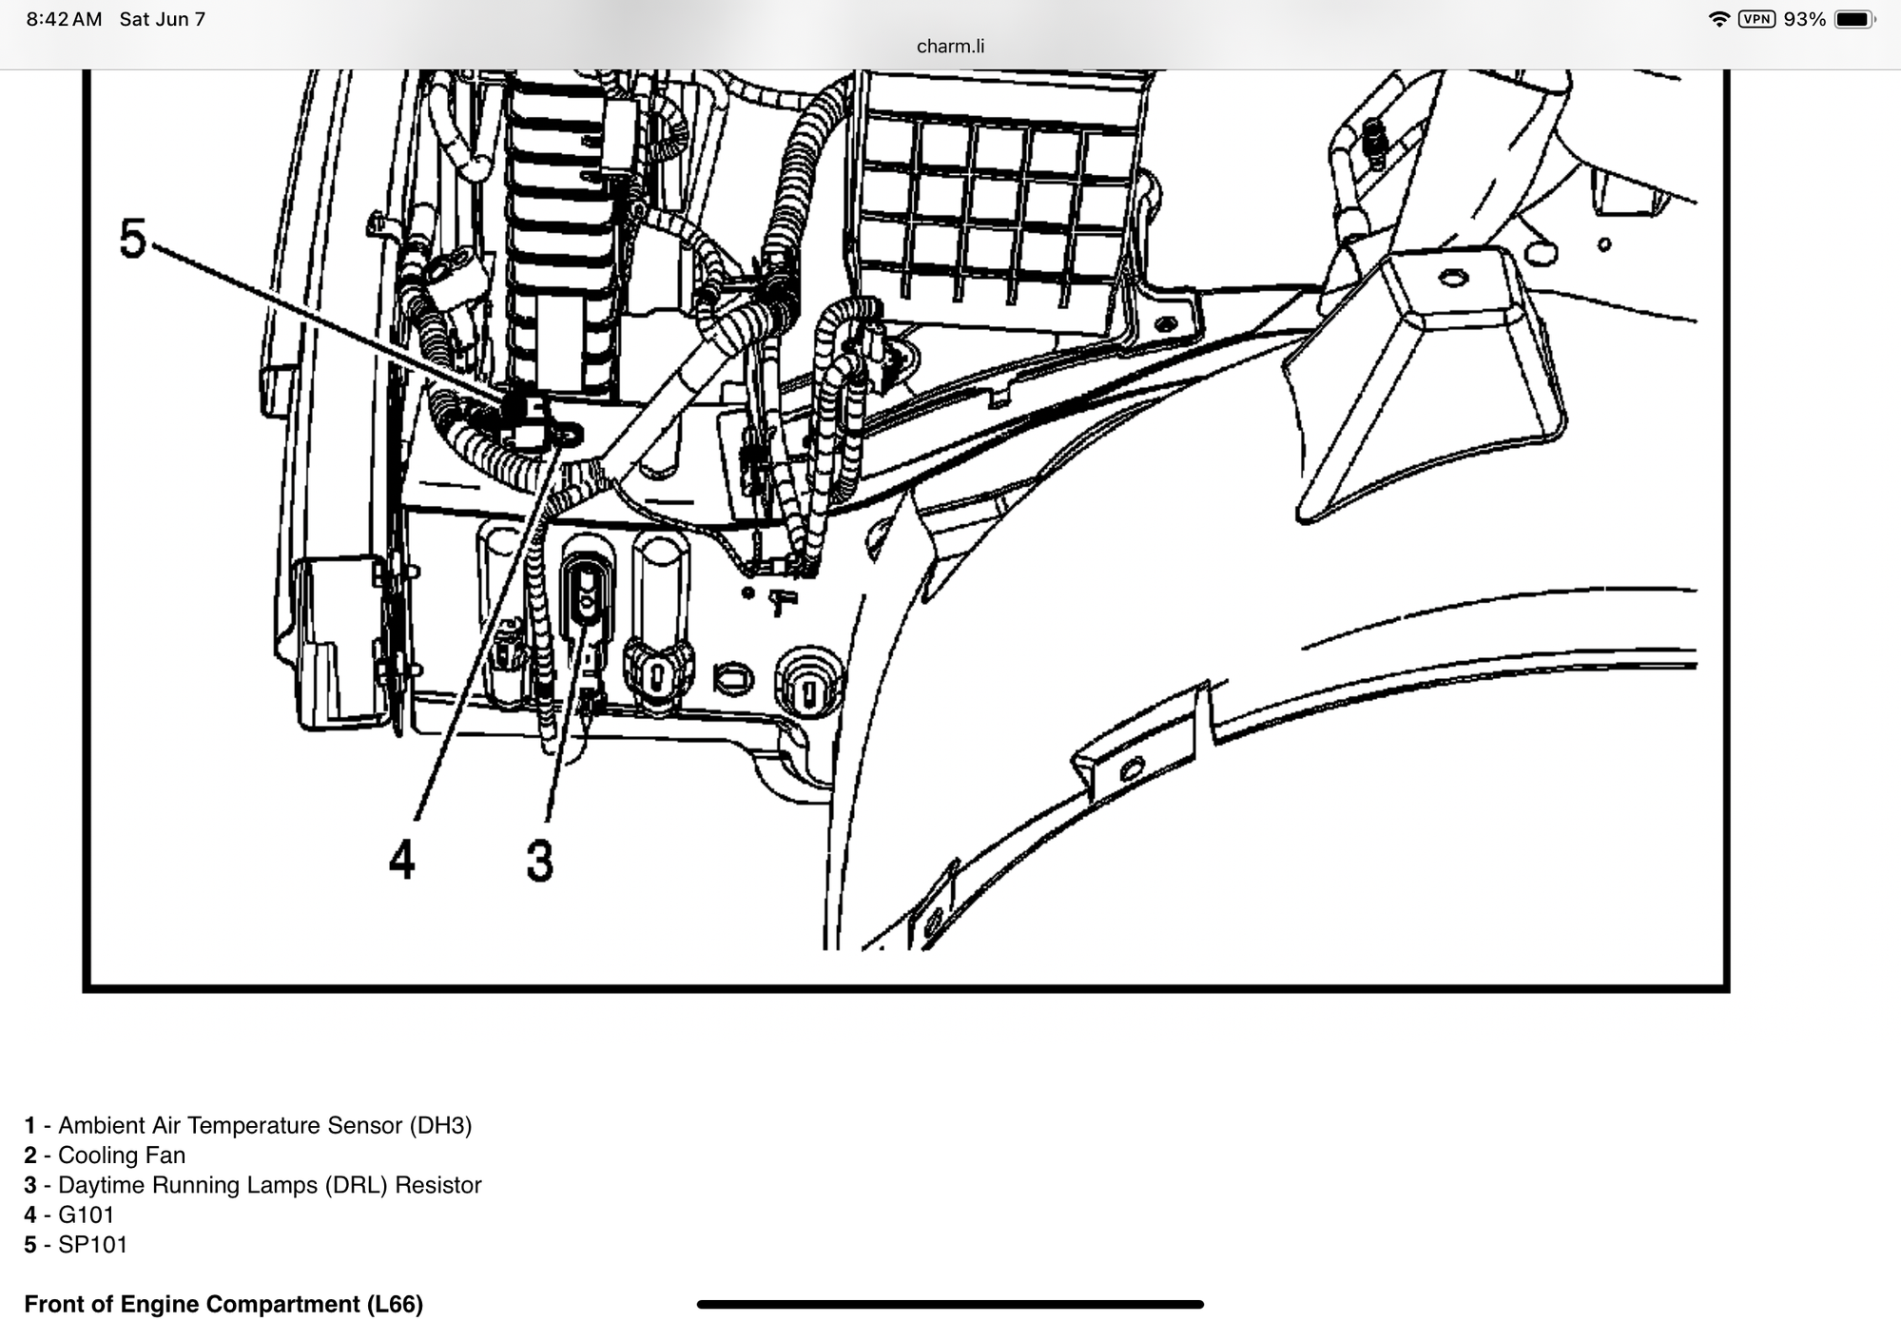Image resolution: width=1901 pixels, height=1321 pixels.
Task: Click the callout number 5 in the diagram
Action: tap(133, 238)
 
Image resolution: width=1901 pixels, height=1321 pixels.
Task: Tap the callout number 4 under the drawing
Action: tap(402, 860)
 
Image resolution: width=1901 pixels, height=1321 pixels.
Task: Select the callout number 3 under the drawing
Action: tap(539, 860)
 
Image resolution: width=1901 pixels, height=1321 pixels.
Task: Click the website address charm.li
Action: tap(950, 46)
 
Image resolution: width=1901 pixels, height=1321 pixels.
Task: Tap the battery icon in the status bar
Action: tap(1855, 19)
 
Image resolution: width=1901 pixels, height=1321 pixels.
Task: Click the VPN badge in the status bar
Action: tap(1756, 19)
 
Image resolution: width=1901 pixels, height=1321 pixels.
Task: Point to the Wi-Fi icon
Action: tap(1718, 19)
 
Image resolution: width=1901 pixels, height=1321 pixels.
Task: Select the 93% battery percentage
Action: tap(1804, 19)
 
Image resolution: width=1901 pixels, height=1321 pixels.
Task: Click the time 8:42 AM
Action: tap(64, 19)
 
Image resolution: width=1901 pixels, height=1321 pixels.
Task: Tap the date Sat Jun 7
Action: tap(162, 19)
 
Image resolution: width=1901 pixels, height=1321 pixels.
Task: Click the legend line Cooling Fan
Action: tap(105, 1155)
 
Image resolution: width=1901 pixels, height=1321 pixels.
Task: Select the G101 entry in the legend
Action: tap(68, 1214)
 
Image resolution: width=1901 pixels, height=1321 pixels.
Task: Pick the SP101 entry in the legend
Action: tap(75, 1244)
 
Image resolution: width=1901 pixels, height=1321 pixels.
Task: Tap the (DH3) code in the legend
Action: tap(440, 1125)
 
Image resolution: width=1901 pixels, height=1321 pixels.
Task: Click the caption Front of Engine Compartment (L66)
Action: tap(223, 1304)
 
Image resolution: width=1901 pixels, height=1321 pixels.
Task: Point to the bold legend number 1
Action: tap(30, 1125)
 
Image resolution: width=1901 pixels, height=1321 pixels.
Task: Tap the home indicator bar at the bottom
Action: tap(950, 1304)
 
